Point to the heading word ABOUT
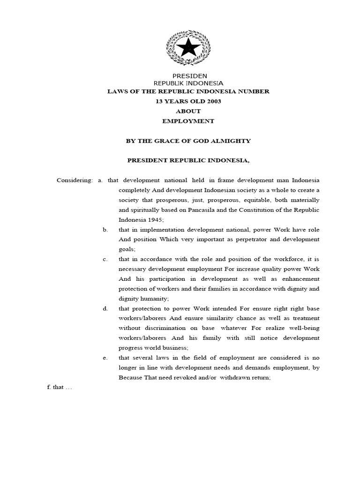point(188,111)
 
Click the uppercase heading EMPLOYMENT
point(188,121)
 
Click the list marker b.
point(105,230)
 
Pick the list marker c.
point(105,259)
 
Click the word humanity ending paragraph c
point(155,298)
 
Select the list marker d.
point(105,308)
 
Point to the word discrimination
point(164,328)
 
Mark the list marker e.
point(105,358)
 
